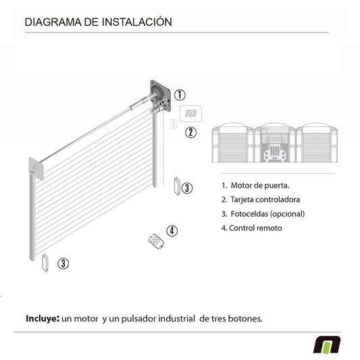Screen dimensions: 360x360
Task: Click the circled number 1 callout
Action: (180, 95)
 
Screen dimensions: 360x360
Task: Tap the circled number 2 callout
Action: (190, 132)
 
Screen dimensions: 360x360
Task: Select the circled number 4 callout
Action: (172, 231)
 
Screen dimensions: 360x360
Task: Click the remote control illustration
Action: (156, 241)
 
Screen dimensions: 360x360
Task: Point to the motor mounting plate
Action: (161, 96)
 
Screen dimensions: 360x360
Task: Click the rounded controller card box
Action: (190, 113)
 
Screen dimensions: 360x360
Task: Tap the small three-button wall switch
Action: (174, 124)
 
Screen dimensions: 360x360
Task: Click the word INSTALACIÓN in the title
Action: (137, 22)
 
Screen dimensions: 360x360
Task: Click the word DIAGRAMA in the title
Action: (53, 22)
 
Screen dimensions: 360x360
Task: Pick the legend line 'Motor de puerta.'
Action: (255, 186)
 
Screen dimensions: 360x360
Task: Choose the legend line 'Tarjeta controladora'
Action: (261, 199)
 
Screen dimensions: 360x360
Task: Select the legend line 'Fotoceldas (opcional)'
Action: (263, 213)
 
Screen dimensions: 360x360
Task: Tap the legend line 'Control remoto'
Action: (252, 228)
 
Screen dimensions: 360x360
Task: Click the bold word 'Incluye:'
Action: (43, 319)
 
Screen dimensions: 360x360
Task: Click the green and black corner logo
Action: (327, 344)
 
